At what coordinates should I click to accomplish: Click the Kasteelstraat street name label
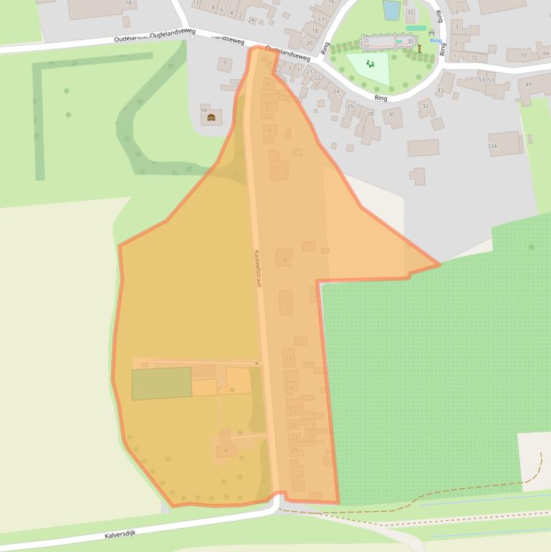pyautogui.click(x=258, y=268)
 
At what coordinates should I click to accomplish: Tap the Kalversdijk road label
pyautogui.click(x=120, y=534)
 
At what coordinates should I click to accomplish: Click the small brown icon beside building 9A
pyautogui.click(x=211, y=117)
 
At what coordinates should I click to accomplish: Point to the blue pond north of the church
pyautogui.click(x=391, y=10)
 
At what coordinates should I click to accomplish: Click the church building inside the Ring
pyautogui.click(x=387, y=42)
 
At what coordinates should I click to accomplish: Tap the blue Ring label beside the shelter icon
pyautogui.click(x=436, y=41)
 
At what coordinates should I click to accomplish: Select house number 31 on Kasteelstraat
pyautogui.click(x=298, y=477)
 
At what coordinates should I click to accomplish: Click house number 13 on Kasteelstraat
pyautogui.click(x=286, y=303)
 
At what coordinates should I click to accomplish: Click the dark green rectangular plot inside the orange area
pyautogui.click(x=161, y=383)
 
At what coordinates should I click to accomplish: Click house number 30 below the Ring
pyautogui.click(x=391, y=115)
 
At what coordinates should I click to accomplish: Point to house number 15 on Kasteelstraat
pyautogui.click(x=288, y=356)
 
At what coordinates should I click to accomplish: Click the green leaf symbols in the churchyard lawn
pyautogui.click(x=370, y=64)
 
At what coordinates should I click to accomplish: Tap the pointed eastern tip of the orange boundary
pyautogui.click(x=439, y=265)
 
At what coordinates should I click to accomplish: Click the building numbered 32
pyautogui.click(x=426, y=107)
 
